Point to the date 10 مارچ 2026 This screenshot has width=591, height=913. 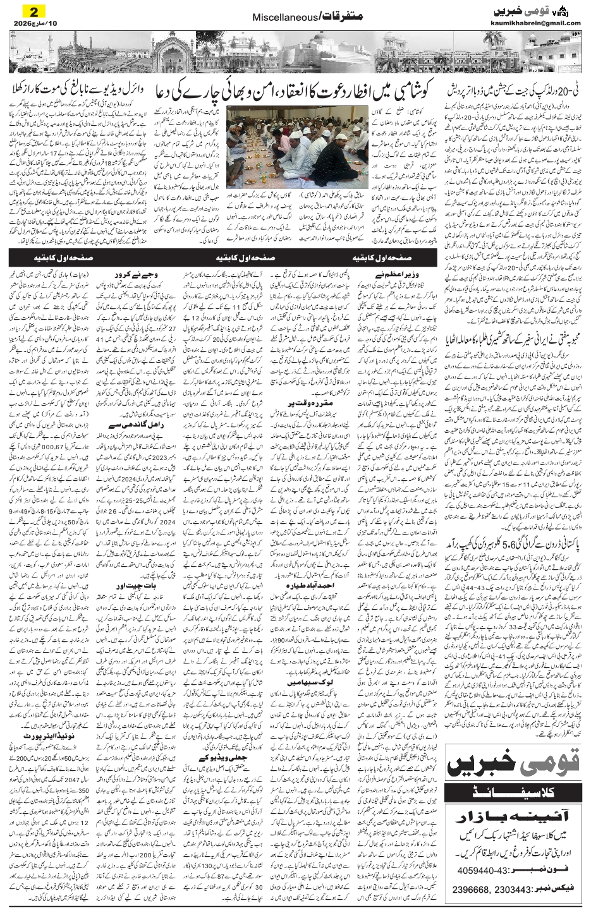tap(29, 23)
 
